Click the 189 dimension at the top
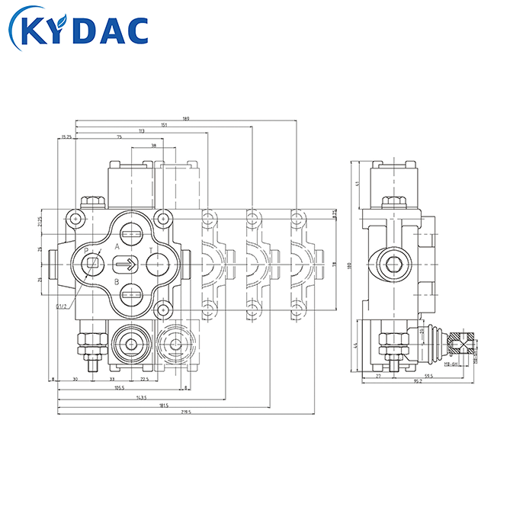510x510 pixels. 186,118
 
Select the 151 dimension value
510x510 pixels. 165,125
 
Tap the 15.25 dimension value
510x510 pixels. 66,137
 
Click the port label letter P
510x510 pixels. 86,251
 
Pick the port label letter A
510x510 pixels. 117,247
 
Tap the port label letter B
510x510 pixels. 117,282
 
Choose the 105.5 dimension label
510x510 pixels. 120,387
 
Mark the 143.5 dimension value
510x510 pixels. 142,396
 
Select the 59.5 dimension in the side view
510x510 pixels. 428,376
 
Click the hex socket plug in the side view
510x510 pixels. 393,265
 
